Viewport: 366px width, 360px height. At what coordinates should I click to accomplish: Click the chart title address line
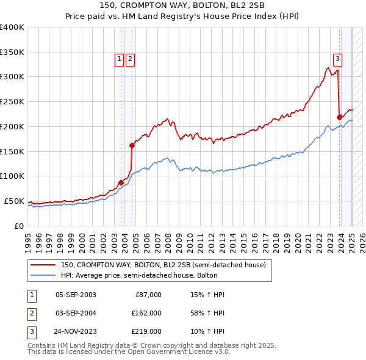(x=182, y=6)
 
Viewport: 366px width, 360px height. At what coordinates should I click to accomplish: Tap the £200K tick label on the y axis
(x=12, y=126)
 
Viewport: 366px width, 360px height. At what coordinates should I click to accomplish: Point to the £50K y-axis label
(x=15, y=201)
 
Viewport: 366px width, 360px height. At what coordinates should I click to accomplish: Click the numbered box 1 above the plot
(x=119, y=59)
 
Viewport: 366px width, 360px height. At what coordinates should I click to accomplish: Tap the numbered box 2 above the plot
(x=131, y=59)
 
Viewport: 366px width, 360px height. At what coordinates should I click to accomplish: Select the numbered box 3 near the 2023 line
(x=337, y=59)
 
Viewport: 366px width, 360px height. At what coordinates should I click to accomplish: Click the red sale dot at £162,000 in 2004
(x=132, y=145)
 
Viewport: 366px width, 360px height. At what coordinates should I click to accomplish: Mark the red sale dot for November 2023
(x=340, y=117)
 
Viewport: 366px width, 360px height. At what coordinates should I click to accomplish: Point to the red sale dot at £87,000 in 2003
(x=121, y=182)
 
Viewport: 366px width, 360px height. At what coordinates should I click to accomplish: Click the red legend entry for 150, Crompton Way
(x=163, y=265)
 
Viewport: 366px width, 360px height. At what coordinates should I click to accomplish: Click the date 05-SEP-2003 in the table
(x=76, y=295)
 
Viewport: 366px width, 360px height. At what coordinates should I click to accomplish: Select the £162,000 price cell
(x=146, y=313)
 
